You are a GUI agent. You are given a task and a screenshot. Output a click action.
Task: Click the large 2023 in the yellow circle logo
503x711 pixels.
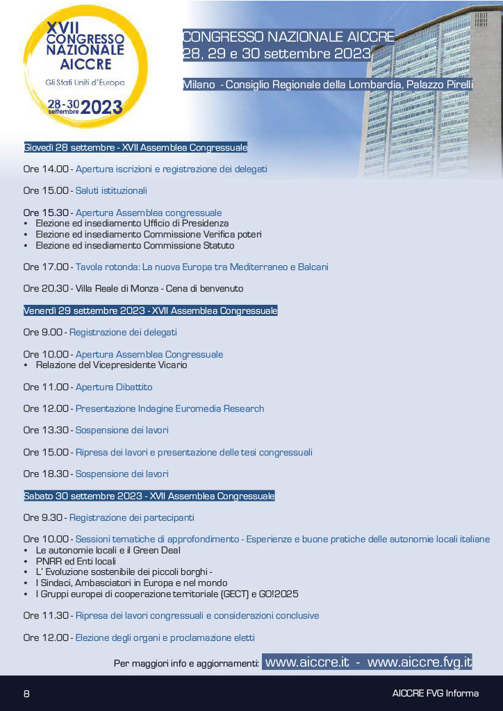point(101,107)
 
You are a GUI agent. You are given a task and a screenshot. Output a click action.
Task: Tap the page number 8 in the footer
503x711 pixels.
point(26,694)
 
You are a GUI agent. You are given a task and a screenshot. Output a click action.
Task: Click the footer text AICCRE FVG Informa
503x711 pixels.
point(435,694)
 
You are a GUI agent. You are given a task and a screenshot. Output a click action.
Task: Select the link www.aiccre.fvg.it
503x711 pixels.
point(419,662)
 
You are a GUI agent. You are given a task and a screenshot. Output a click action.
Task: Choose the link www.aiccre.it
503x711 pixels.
point(306,662)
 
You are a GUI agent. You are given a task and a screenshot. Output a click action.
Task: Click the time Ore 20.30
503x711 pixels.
point(46,288)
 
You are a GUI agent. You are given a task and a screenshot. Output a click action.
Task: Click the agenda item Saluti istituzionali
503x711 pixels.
point(111,190)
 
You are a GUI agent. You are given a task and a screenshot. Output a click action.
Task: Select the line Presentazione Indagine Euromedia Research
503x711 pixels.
point(170,408)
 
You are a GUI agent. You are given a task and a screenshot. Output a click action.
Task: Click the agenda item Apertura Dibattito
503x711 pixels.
point(114,387)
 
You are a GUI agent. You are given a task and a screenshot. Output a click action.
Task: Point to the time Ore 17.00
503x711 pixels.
point(46,267)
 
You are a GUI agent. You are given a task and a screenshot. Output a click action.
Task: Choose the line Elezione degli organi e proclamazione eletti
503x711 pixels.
point(165,637)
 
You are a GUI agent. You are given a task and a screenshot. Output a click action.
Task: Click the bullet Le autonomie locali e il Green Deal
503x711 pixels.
point(108,550)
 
